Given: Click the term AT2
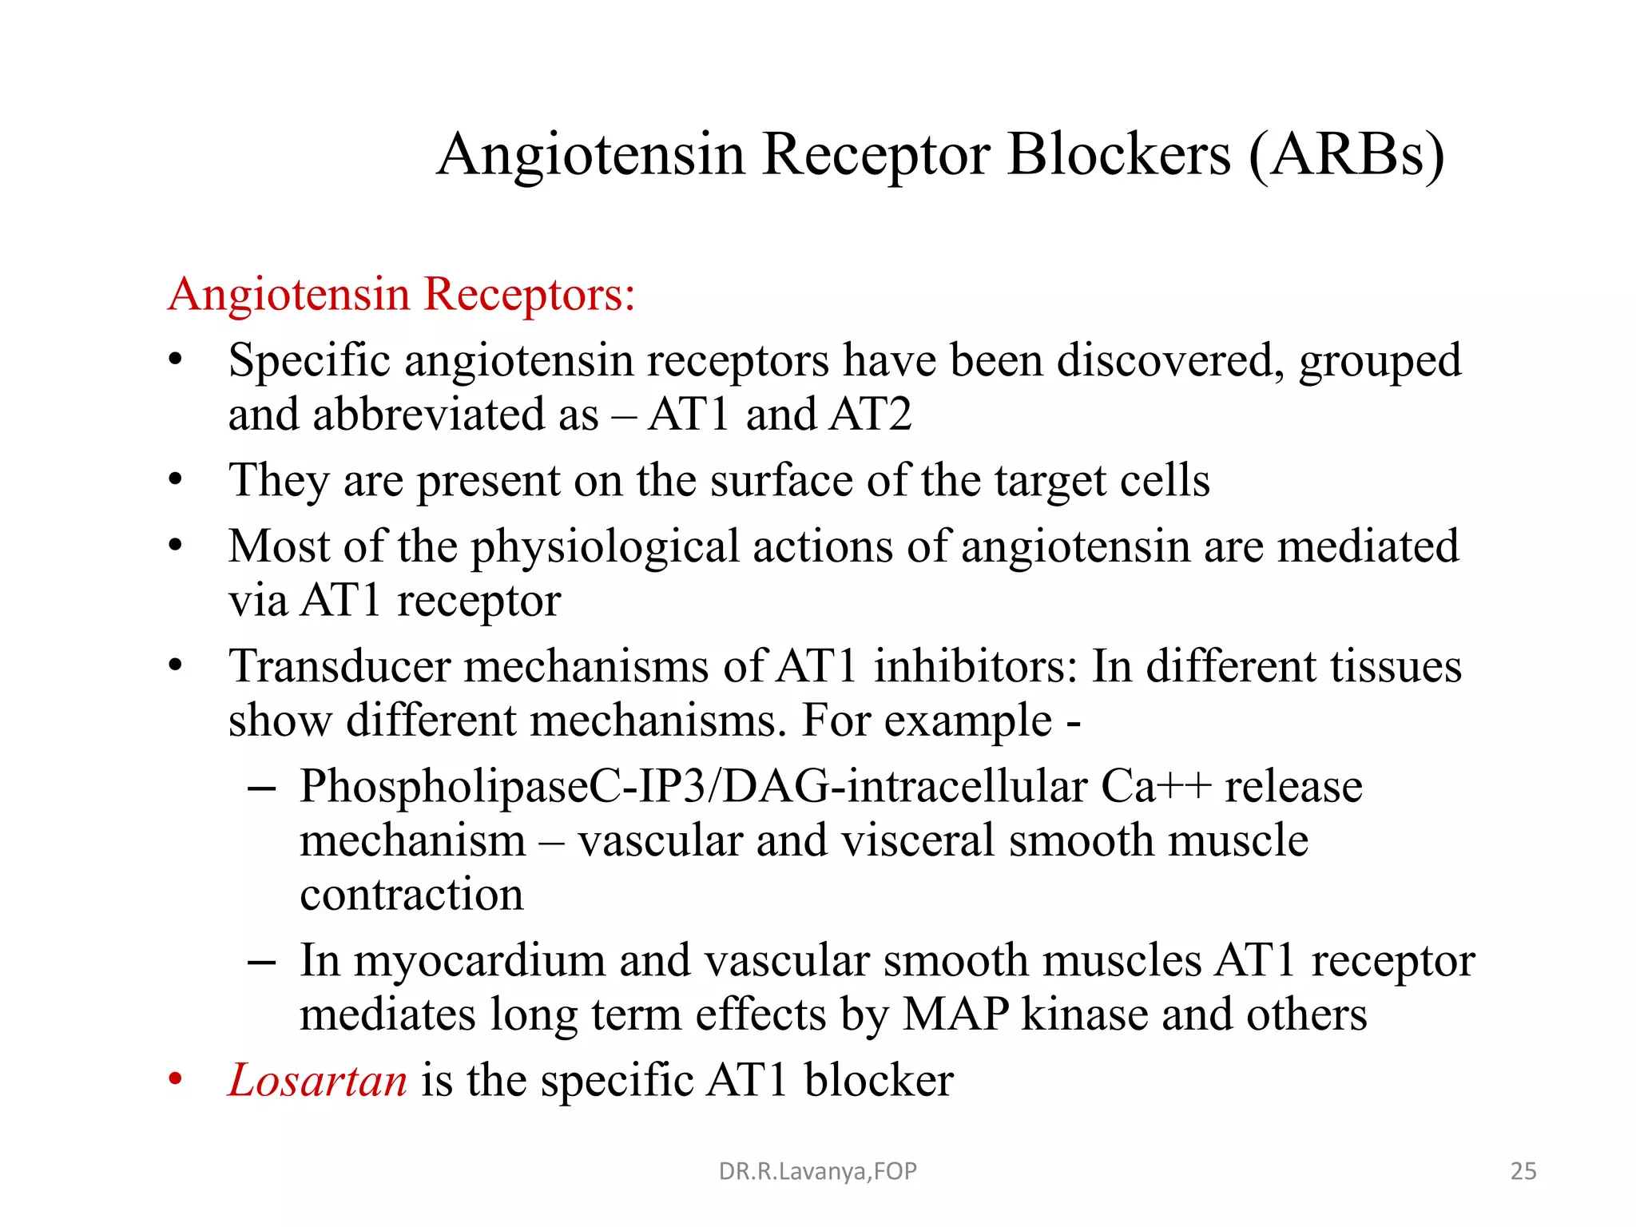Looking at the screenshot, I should (870, 414).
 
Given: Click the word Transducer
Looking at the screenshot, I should (340, 666).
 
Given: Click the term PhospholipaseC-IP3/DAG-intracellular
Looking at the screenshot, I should (693, 786).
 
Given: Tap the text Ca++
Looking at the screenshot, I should (1155, 786).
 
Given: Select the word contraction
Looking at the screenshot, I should (411, 894).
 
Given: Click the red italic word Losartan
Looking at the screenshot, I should (317, 1080).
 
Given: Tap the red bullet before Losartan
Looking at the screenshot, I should (176, 1080).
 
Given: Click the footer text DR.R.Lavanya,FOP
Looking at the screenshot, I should (817, 1171).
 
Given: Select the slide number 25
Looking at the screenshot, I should (1523, 1171).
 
